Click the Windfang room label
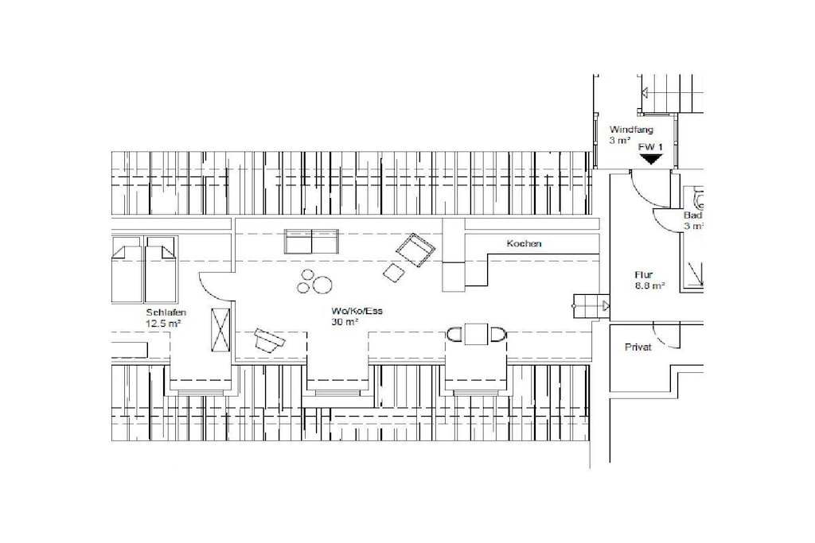[x=631, y=130]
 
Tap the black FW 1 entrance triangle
[x=650, y=159]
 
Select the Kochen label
[x=524, y=243]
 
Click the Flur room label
[x=643, y=275]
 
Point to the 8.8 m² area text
[x=649, y=285]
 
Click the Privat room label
[x=638, y=347]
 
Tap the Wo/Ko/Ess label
[x=357, y=311]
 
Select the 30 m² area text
[x=345, y=322]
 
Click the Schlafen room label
[x=166, y=312]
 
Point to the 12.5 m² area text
[x=163, y=324]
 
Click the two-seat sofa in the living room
[x=311, y=242]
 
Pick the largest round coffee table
[x=322, y=285]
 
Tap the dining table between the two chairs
[x=476, y=334]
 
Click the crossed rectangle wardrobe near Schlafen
[x=220, y=330]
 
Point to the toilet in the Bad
[x=699, y=196]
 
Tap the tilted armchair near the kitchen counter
[x=415, y=250]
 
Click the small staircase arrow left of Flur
[x=606, y=306]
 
